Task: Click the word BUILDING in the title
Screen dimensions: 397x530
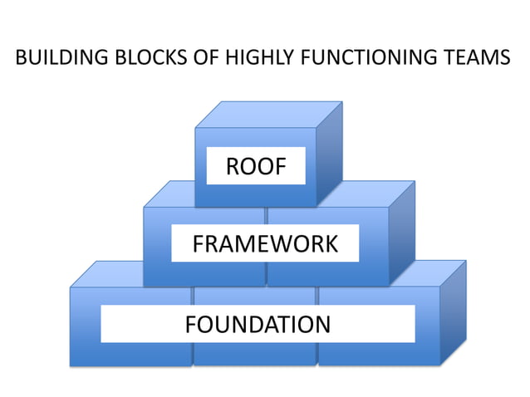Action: click(x=56, y=59)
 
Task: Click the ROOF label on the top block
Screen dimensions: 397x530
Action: click(x=256, y=167)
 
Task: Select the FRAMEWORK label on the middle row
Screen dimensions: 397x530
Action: click(x=265, y=244)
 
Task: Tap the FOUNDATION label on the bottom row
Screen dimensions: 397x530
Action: click(x=258, y=323)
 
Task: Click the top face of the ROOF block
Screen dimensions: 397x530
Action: click(x=268, y=115)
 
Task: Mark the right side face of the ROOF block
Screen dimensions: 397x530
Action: click(x=329, y=154)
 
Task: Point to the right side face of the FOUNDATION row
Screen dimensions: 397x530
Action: click(x=453, y=311)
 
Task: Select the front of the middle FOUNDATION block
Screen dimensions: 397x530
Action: click(x=254, y=352)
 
